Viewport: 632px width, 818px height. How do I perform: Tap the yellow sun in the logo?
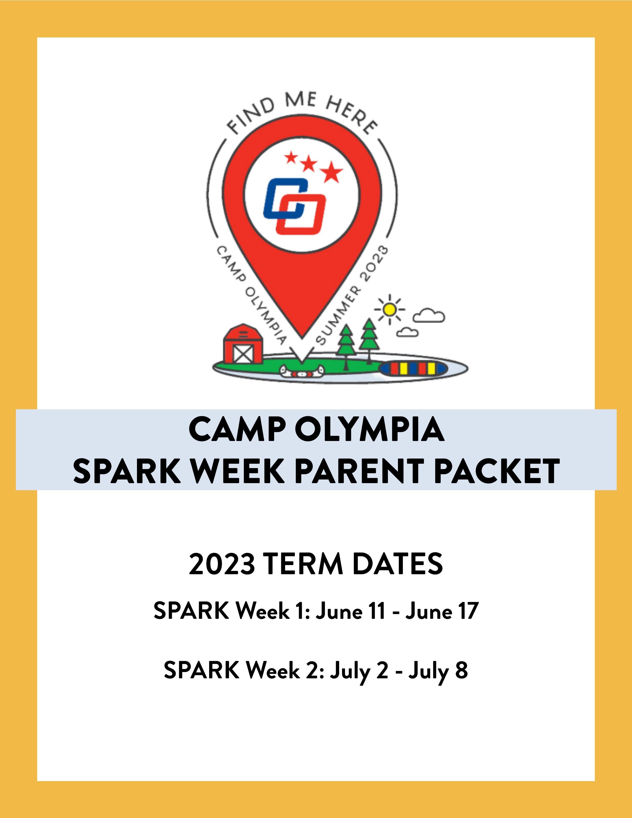[x=389, y=309]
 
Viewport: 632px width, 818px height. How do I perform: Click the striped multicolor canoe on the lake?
[x=412, y=369]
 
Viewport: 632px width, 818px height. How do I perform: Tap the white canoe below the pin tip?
[x=302, y=372]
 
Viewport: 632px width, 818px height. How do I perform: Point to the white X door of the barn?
[x=243, y=354]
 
